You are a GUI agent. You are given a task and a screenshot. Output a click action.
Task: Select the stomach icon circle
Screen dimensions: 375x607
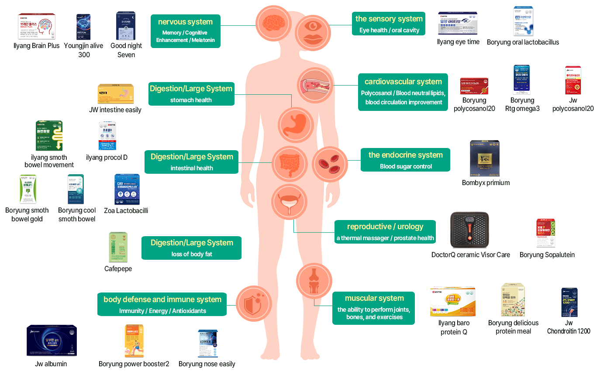pos(296,125)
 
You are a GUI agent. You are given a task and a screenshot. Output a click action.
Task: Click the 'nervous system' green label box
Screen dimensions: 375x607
pos(186,31)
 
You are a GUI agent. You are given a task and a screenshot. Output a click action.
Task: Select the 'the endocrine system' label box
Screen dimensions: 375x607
pos(405,160)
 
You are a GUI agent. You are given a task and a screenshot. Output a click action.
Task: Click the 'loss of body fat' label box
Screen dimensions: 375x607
pos(191,248)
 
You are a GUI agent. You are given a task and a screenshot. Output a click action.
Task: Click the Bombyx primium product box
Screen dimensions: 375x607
pos(485,158)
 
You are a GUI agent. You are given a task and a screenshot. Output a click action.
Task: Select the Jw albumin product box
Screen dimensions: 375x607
pos(52,341)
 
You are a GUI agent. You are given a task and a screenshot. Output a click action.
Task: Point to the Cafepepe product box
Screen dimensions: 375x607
pos(118,247)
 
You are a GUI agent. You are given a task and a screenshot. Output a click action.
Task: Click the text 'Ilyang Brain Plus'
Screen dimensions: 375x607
pos(37,46)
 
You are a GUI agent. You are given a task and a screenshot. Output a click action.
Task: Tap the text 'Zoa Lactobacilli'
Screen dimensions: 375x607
pos(126,211)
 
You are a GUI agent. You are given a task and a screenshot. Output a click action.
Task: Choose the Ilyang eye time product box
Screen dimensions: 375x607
pos(458,24)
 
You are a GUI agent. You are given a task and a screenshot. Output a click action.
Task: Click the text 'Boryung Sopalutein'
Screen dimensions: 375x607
pos(547,255)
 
